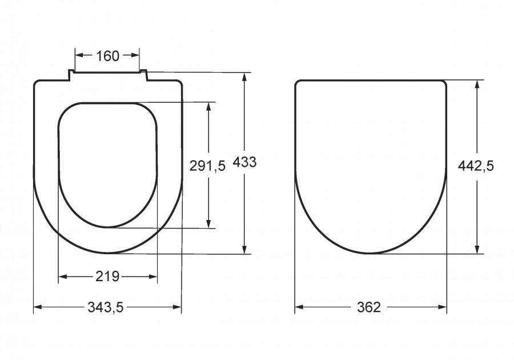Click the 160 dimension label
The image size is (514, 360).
click(x=107, y=56)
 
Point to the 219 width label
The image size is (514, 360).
click(x=107, y=277)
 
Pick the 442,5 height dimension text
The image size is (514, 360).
click(x=476, y=166)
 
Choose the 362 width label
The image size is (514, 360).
click(x=370, y=307)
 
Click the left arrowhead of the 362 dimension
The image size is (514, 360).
click(x=298, y=307)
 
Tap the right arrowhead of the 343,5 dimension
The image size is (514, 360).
click(x=178, y=307)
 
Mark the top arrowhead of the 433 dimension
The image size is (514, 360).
click(x=246, y=77)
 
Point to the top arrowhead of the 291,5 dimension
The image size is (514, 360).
click(x=209, y=106)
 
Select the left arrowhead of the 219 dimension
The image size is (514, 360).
click(x=62, y=277)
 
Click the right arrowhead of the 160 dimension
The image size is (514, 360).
click(x=136, y=55)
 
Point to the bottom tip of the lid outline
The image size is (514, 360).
click(x=371, y=253)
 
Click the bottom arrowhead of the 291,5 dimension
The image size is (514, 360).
click(x=209, y=223)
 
